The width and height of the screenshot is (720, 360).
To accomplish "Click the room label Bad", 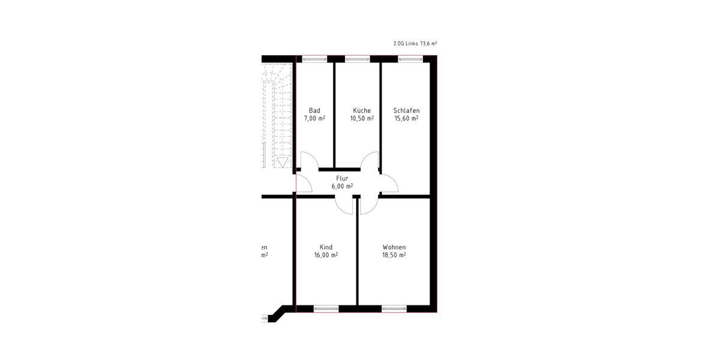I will click(314, 110).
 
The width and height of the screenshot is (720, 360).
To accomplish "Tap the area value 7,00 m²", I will click(314, 119).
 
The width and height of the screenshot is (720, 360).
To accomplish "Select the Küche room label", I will click(362, 110).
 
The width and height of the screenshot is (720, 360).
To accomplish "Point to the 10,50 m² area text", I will click(362, 119).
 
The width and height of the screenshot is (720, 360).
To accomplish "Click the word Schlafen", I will click(406, 110).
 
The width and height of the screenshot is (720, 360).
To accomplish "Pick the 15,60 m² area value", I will click(406, 119).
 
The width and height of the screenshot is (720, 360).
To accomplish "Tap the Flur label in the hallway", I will click(342, 178).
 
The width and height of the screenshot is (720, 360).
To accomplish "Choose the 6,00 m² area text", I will click(342, 187).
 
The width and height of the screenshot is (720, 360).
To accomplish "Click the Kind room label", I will click(326, 247).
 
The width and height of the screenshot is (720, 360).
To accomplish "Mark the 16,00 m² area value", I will click(326, 255).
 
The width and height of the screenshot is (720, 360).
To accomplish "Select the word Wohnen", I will click(394, 247).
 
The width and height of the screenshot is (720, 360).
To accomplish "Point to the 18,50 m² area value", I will click(394, 255).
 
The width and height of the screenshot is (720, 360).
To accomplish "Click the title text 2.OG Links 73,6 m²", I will click(415, 44).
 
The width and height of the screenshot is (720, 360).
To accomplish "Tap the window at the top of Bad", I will click(314, 59).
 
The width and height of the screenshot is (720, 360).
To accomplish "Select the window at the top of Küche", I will click(358, 59).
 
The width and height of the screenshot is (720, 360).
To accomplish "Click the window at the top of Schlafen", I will click(410, 59).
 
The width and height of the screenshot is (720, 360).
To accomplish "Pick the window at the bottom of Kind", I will click(326, 309).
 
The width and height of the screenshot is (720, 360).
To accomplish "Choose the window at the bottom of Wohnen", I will click(394, 309).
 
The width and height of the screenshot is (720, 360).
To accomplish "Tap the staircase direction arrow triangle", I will click(282, 162).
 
